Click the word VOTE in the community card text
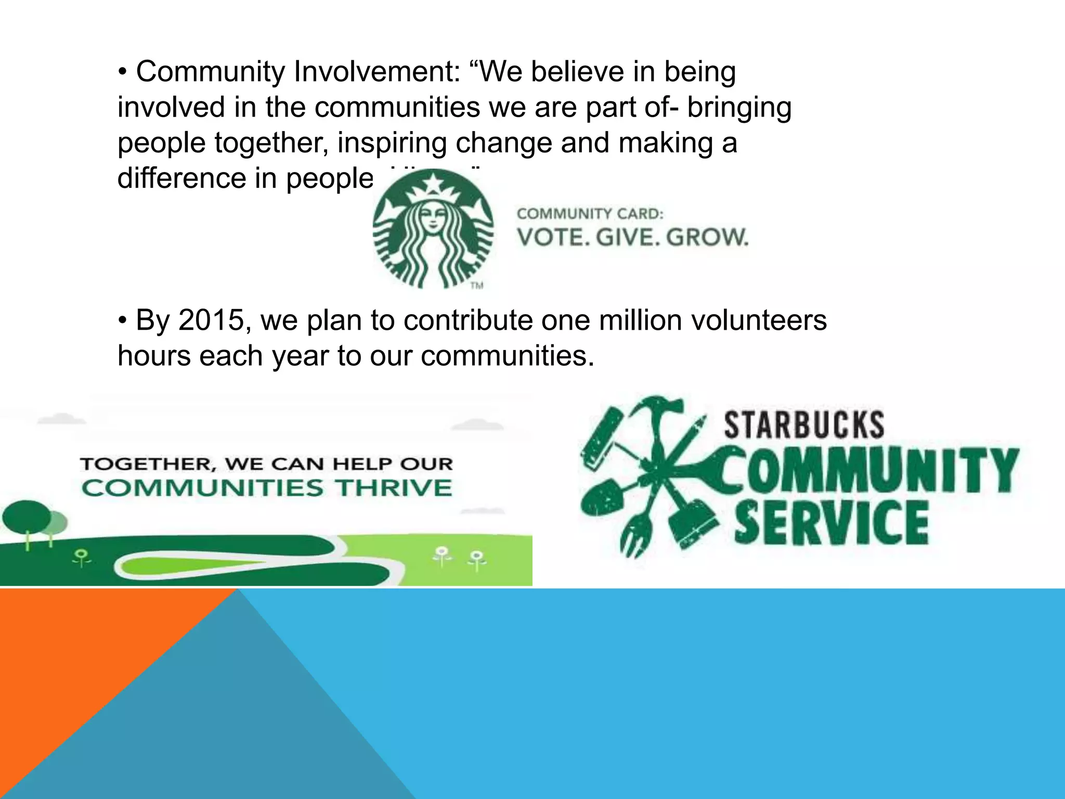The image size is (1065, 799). pyautogui.click(x=552, y=237)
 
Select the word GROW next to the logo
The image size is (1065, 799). pyautogui.click(x=707, y=237)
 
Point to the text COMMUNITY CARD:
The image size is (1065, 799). pyautogui.click(x=590, y=214)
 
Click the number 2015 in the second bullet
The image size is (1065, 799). pyautogui.click(x=211, y=320)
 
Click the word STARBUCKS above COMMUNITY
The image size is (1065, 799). pyautogui.click(x=804, y=425)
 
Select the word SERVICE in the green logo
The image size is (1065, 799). pyautogui.click(x=831, y=523)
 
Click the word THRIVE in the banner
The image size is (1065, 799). pyautogui.click(x=393, y=488)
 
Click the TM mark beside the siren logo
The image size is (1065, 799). pyautogui.click(x=477, y=285)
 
